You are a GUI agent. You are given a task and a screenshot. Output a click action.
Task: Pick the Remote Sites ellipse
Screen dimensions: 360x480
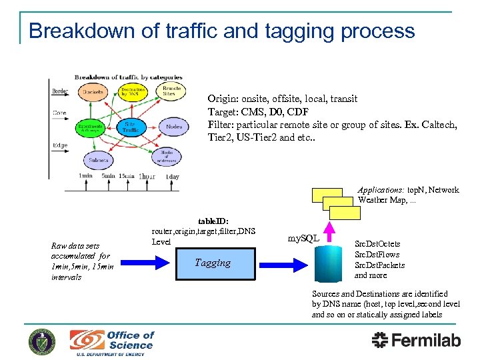pos(171,92)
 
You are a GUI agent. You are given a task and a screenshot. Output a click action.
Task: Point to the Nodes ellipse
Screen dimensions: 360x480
pos(174,126)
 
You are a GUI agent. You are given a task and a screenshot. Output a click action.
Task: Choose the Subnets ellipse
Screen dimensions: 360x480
pos(98,160)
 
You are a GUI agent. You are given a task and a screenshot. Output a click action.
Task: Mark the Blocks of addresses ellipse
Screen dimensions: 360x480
pos(166,157)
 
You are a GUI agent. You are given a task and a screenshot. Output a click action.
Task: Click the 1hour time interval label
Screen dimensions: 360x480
pos(148,176)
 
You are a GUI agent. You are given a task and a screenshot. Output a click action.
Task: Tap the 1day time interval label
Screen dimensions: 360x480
pos(172,176)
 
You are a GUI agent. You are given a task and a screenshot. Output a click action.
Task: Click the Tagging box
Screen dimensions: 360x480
pos(213,263)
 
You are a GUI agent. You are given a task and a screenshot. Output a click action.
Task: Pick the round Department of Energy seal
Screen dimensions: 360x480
pos(42,341)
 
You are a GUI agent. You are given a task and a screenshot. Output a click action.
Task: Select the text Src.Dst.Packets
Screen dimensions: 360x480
pos(379,265)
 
